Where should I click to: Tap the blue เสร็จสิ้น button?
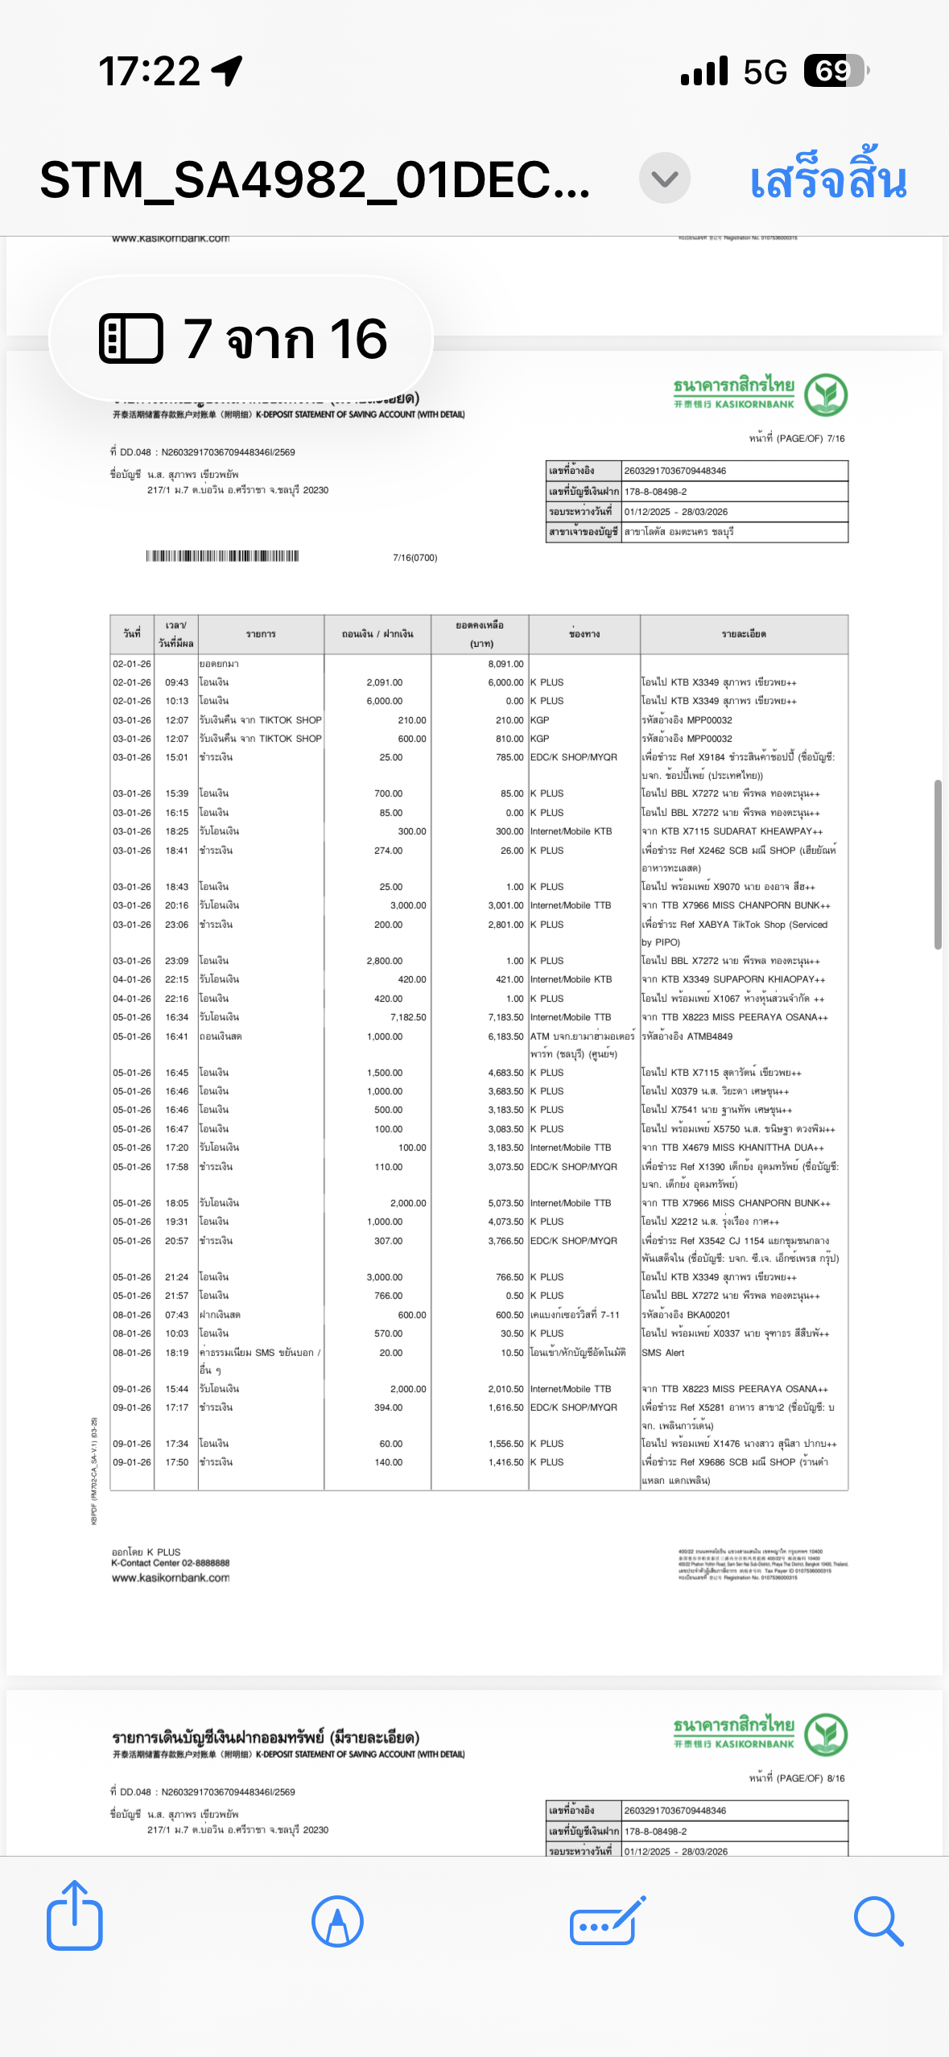click(x=827, y=179)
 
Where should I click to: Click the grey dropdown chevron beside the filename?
click(x=664, y=178)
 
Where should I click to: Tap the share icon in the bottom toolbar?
click(x=74, y=1920)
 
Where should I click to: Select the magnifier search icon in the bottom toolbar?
click(x=877, y=1920)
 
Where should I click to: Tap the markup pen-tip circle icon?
click(x=337, y=1920)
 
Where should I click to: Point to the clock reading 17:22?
click(x=149, y=71)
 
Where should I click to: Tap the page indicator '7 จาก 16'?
click(x=241, y=338)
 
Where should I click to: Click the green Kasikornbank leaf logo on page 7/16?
click(x=826, y=394)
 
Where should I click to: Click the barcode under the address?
click(x=222, y=556)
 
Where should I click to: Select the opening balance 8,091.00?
click(x=505, y=664)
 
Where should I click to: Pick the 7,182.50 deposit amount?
click(x=408, y=1017)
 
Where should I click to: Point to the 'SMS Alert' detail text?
click(x=663, y=1353)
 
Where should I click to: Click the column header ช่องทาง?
click(x=584, y=634)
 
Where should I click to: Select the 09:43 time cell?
click(x=176, y=682)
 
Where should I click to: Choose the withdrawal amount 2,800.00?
click(x=384, y=961)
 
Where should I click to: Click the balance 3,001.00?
click(x=505, y=905)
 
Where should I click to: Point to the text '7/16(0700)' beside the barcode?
click(x=415, y=558)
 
